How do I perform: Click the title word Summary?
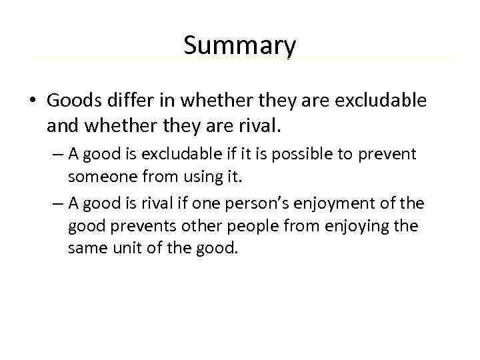pyautogui.click(x=239, y=46)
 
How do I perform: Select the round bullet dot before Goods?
pyautogui.click(x=32, y=101)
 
